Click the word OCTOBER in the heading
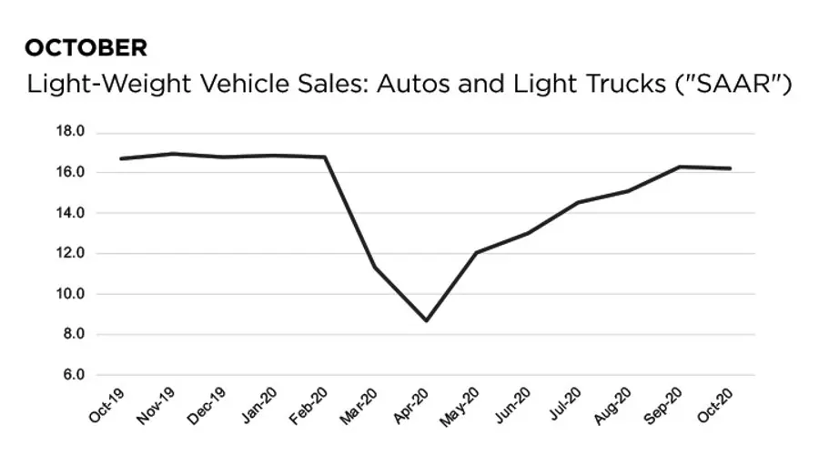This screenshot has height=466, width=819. coord(86,47)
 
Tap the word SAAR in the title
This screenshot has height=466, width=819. coord(736,85)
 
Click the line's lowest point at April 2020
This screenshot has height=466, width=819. coord(426,320)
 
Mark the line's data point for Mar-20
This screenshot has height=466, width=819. coord(375,267)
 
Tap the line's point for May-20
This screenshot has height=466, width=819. coord(477,252)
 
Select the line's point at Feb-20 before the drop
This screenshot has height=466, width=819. coord(325,157)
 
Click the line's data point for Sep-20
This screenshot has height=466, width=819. coord(680,167)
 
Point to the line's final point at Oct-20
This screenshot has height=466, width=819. coord(730,168)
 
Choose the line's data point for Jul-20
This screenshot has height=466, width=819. coord(578,202)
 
